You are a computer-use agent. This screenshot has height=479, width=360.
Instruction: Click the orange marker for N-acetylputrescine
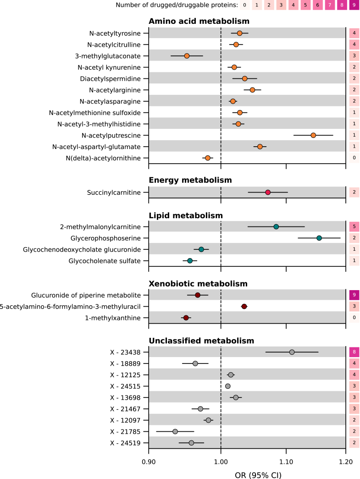point(313,135)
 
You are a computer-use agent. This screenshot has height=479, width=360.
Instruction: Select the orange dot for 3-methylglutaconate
point(187,56)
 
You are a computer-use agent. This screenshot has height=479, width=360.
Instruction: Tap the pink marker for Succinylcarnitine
point(268,192)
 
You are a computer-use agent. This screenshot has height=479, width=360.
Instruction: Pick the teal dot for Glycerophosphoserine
point(319,238)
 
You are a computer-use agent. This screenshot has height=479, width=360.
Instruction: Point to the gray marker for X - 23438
point(292,352)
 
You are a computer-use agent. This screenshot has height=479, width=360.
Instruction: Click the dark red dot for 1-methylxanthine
point(186,318)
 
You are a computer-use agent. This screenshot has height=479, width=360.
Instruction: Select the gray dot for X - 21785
point(175,431)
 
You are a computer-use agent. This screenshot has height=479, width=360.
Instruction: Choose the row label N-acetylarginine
point(115,90)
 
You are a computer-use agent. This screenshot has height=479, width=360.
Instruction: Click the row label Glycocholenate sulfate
point(105,261)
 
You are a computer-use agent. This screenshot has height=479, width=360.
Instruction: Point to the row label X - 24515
point(126,386)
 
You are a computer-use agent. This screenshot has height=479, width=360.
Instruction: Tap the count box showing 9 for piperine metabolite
point(354,295)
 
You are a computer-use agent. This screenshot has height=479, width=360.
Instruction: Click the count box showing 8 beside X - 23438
point(354,352)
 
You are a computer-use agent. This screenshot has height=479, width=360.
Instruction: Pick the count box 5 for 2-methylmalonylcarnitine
point(354,226)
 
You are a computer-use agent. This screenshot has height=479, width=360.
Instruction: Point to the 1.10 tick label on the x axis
point(286,462)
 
